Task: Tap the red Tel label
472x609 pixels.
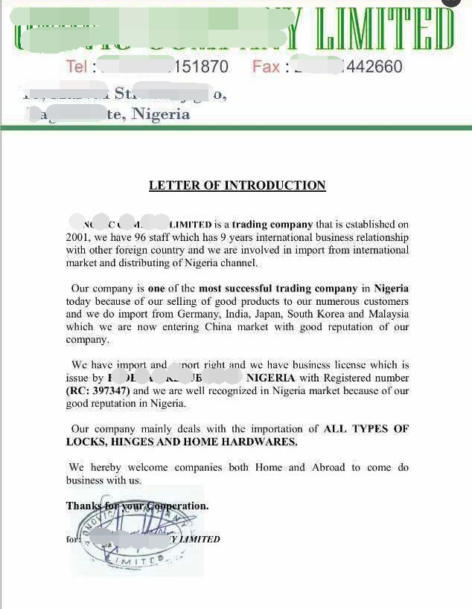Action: click(76, 67)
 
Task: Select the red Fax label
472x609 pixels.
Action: click(266, 67)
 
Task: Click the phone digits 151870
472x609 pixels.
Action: click(201, 67)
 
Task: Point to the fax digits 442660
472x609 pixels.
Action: click(374, 67)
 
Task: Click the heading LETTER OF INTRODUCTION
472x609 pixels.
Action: click(237, 185)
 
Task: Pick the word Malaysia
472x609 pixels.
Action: click(387, 315)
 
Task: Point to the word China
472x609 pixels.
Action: click(223, 327)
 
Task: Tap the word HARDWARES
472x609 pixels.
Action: click(262, 442)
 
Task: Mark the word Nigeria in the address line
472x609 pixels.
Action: click(161, 115)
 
